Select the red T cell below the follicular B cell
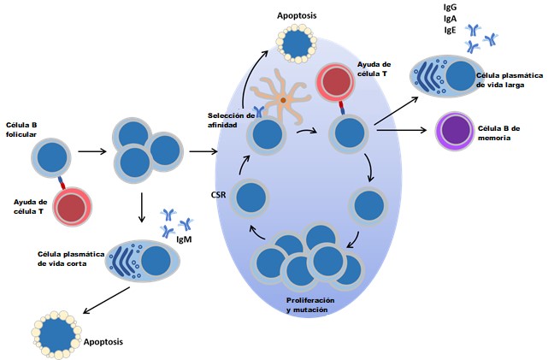71,209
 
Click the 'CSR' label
218,196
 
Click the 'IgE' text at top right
449,29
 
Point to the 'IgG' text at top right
450,7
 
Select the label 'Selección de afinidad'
231,121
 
